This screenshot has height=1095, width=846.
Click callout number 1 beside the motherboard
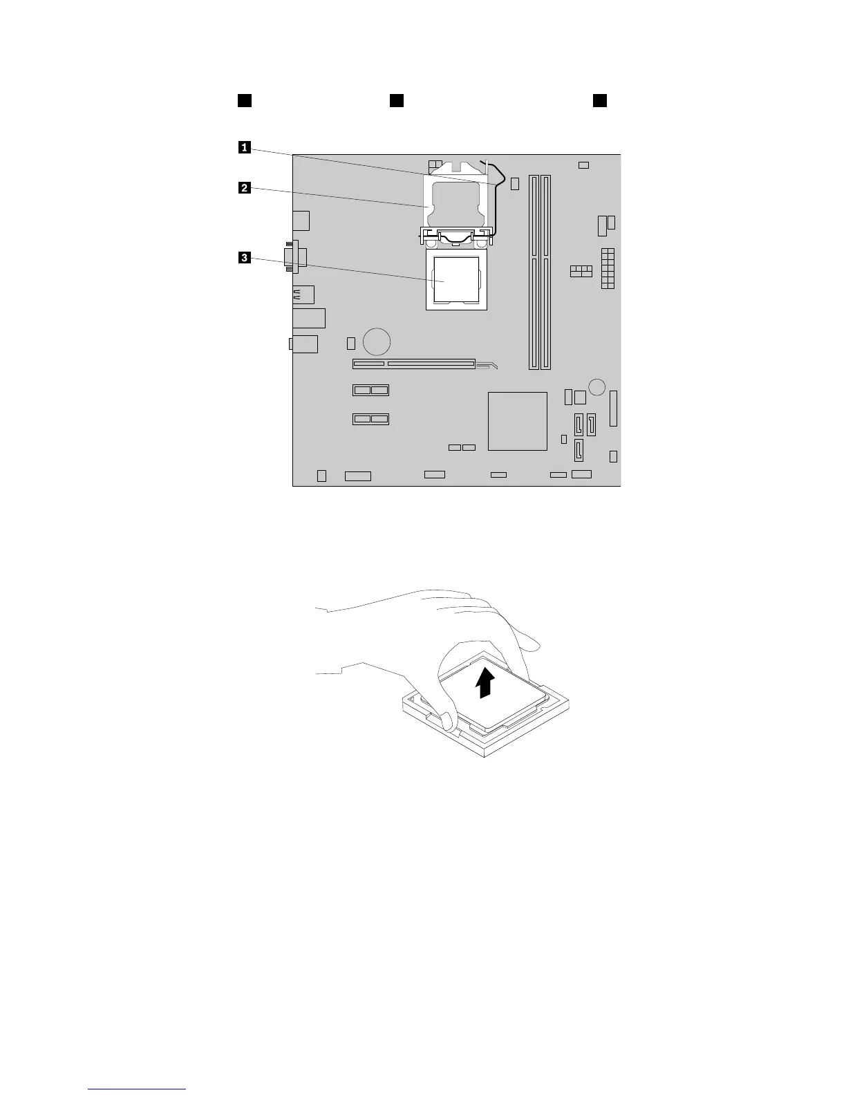click(x=244, y=147)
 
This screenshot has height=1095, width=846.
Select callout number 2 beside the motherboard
click(x=244, y=187)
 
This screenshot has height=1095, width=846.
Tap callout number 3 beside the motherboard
click(x=244, y=258)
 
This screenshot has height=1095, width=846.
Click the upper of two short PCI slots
click(x=370, y=390)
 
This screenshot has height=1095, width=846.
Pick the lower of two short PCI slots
click(x=370, y=419)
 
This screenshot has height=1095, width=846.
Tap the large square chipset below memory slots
click(x=518, y=421)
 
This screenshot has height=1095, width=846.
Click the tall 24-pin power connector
click(x=608, y=268)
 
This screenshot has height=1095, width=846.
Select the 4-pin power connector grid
click(x=581, y=271)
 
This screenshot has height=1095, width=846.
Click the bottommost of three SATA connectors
click(x=579, y=451)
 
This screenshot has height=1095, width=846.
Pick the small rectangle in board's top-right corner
click(x=583, y=165)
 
